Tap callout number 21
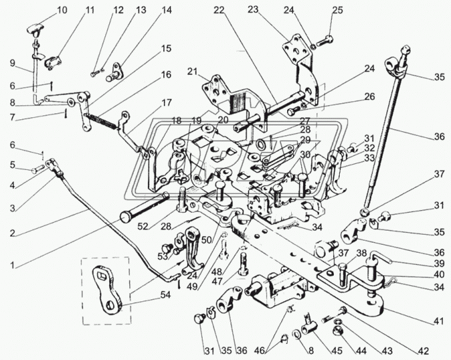[x=193, y=72]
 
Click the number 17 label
[x=166, y=103]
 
